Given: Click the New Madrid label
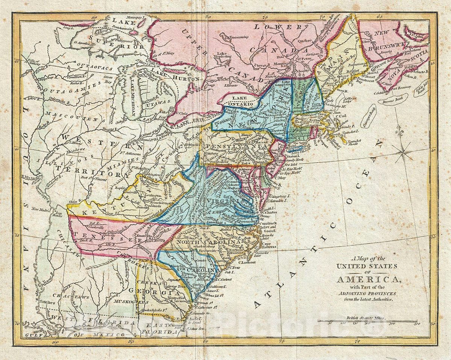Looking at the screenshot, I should click(x=41, y=209).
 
